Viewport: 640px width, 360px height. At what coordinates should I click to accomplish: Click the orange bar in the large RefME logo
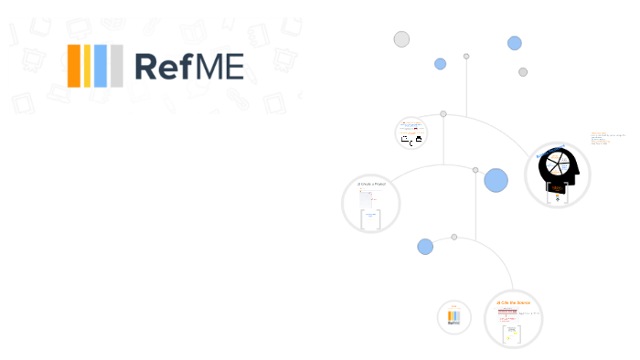(74, 65)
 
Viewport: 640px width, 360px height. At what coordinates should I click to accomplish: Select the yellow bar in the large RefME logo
(88, 65)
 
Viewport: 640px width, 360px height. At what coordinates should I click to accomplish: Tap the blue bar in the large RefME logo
(101, 65)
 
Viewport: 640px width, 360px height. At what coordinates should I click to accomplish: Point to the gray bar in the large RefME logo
(116, 65)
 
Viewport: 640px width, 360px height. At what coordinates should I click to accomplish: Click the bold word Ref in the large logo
(165, 66)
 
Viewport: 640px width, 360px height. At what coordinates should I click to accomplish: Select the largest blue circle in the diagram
(496, 180)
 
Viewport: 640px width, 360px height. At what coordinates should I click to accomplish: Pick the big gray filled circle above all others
(401, 39)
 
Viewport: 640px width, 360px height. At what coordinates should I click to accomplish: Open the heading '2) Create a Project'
(371, 185)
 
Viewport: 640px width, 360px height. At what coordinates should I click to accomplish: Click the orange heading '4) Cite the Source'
(513, 302)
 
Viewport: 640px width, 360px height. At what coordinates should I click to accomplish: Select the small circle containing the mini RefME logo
(453, 317)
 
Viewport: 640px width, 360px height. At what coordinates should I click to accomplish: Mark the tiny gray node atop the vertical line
(466, 57)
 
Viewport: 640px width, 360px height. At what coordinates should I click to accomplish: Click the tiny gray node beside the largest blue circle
(475, 170)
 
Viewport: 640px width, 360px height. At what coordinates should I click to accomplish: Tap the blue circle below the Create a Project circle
(425, 247)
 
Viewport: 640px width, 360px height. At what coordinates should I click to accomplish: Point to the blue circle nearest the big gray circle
(440, 64)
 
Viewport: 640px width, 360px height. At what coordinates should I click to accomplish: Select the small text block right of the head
(606, 138)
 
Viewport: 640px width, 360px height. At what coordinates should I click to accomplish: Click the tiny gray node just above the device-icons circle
(443, 114)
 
